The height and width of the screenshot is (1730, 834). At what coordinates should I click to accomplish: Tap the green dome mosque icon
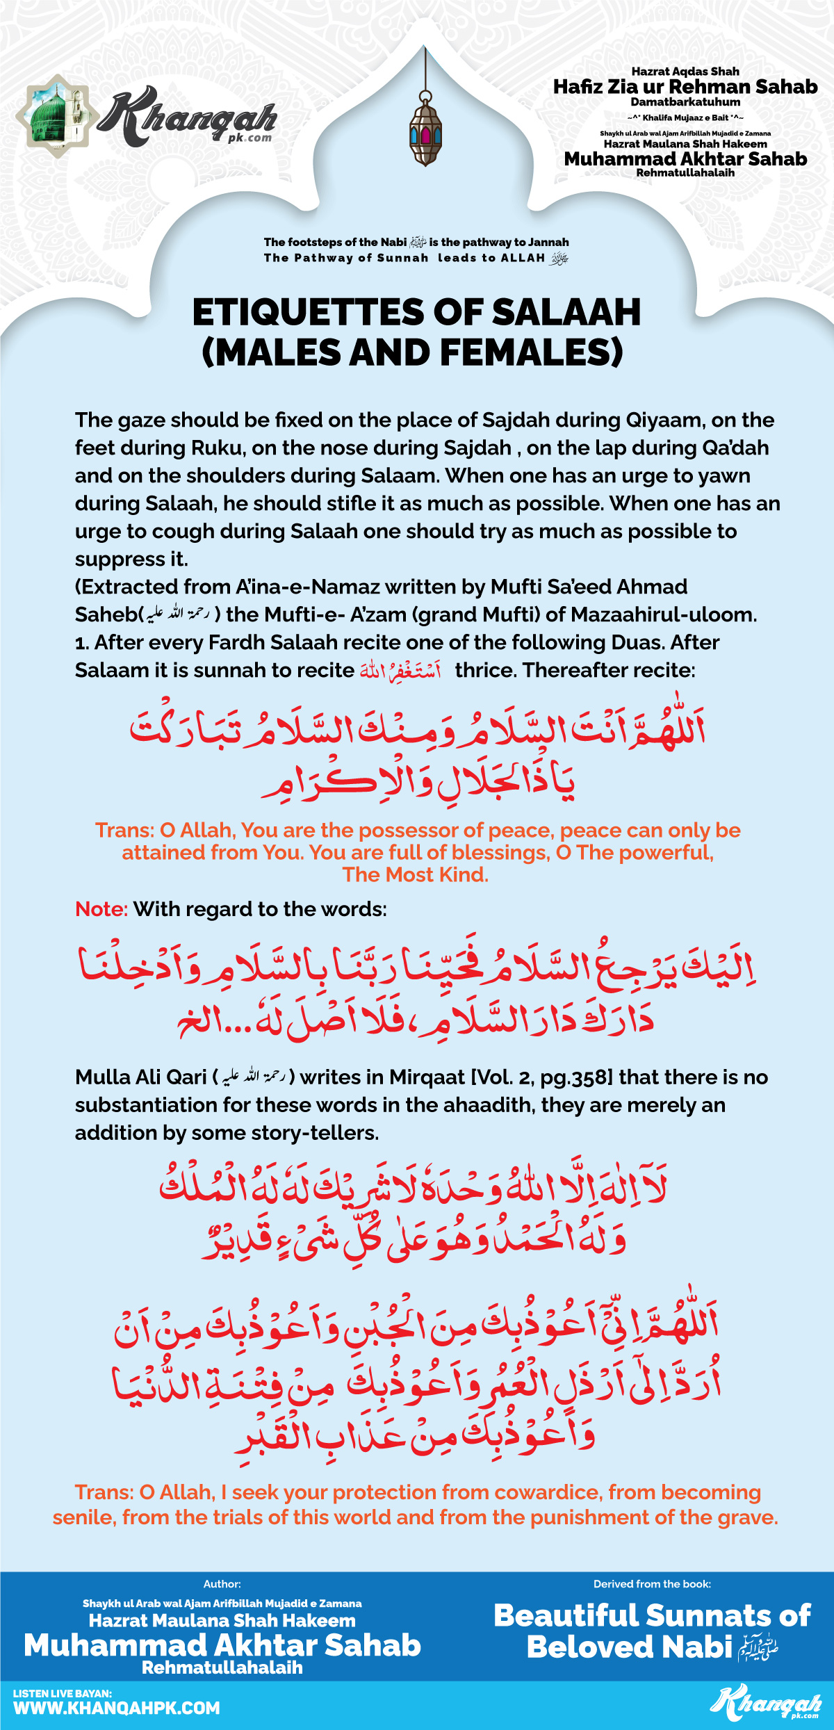56,116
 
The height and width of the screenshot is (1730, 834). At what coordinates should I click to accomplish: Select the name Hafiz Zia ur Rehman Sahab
685,87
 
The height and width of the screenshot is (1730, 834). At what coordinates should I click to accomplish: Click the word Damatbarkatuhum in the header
685,102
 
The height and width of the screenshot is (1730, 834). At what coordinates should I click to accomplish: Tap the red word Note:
101,909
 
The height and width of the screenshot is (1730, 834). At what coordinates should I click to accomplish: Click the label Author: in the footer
222,1584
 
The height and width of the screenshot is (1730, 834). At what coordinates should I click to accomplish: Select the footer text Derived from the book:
652,1584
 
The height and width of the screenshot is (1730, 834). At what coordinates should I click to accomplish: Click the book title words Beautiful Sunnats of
652,1615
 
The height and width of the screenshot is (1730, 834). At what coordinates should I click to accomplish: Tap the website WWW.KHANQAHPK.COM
117,1708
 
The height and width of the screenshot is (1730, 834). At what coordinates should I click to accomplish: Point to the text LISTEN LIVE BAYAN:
63,1693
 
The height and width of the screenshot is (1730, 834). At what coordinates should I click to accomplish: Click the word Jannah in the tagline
548,242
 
